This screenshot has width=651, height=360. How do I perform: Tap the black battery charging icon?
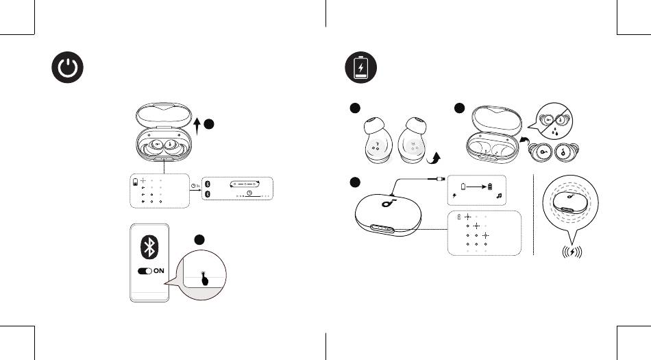[x=360, y=69]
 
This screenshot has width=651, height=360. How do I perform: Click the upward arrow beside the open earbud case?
[x=198, y=126]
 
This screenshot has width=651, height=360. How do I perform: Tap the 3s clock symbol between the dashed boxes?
[x=195, y=185]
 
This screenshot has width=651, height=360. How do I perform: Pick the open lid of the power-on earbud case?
[x=163, y=114]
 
